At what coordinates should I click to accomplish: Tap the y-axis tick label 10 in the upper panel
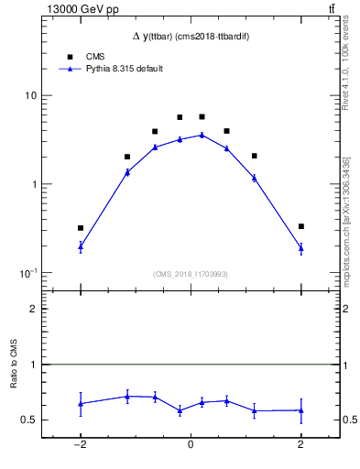[x=30, y=95]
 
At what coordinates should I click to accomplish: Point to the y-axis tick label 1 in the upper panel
[x=33, y=184]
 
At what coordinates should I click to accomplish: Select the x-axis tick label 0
[x=191, y=446]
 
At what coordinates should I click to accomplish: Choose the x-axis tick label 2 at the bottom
[x=300, y=446]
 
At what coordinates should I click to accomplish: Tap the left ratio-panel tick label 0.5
[x=29, y=420]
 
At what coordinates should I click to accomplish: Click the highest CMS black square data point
[x=202, y=117]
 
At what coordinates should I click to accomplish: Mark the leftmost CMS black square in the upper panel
[x=81, y=228]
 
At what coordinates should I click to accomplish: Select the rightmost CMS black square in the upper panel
[x=300, y=226]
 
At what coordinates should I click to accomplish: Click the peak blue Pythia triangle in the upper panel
[x=202, y=135]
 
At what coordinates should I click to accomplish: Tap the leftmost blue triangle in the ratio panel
[x=81, y=403]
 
